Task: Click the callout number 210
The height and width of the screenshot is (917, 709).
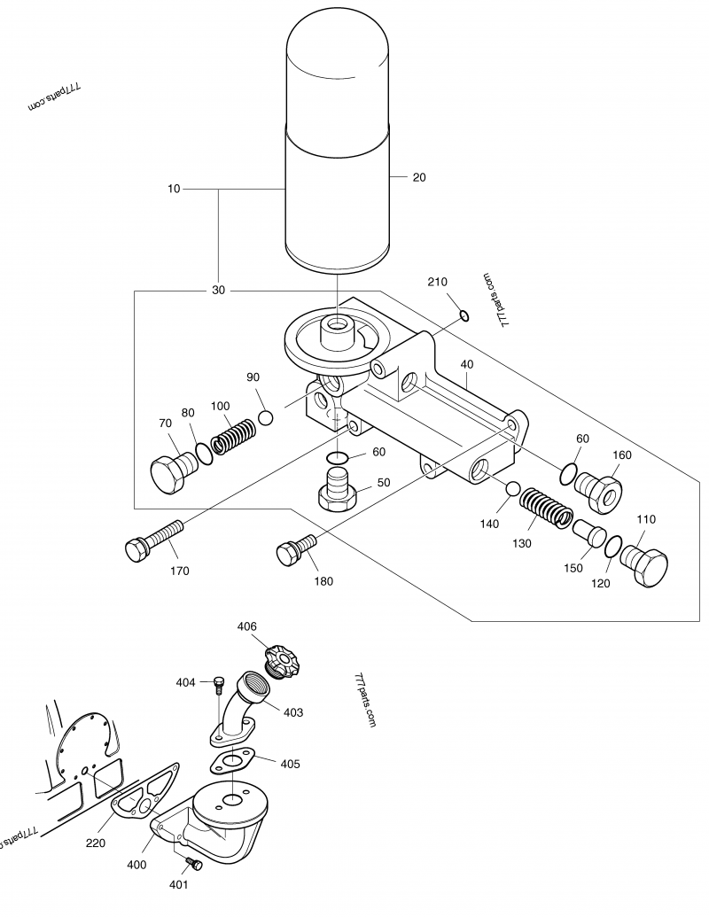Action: [437, 282]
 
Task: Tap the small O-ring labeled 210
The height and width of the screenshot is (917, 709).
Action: [464, 315]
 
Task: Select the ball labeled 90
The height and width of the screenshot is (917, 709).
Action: [266, 418]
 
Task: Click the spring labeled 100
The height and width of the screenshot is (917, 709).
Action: [233, 436]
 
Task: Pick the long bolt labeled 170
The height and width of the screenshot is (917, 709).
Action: [154, 541]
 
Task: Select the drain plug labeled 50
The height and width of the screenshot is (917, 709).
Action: [339, 487]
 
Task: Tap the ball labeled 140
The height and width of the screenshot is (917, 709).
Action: [513, 489]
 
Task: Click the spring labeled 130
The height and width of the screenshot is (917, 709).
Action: [547, 508]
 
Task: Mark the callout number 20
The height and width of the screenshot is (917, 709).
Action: [419, 177]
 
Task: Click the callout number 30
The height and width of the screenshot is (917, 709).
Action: [218, 290]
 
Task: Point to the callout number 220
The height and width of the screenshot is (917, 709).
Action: [96, 843]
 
